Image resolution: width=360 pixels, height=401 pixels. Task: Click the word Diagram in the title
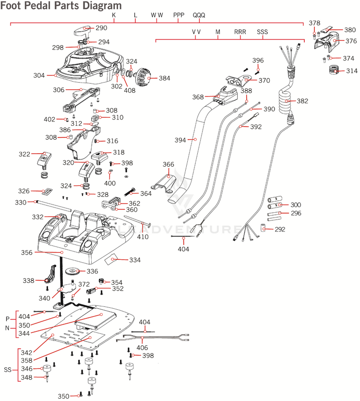click(100, 6)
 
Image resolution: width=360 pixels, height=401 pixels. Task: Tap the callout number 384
click(164, 78)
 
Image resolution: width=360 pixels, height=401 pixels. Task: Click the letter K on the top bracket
click(114, 15)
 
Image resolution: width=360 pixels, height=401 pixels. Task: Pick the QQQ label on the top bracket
click(199, 15)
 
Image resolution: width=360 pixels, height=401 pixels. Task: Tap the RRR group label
click(240, 32)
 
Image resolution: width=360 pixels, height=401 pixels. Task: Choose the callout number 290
click(102, 28)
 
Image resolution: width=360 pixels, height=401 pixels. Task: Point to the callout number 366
click(168, 164)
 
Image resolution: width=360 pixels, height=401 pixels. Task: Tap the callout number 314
click(352, 71)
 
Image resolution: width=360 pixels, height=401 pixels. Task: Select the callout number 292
click(280, 229)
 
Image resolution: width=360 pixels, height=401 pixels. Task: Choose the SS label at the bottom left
click(8, 370)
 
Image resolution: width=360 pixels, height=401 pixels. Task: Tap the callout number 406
click(142, 348)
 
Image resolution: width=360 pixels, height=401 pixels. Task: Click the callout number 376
click(352, 41)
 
